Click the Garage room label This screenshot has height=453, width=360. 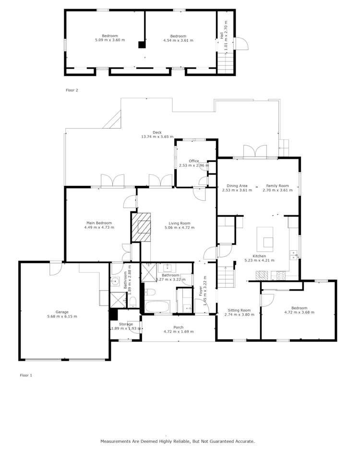pyautogui.click(x=62, y=312)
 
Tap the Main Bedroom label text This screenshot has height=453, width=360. pyautogui.click(x=99, y=223)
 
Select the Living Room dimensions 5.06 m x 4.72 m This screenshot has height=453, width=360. pyautogui.click(x=179, y=228)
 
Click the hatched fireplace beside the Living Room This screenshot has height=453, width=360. pyautogui.click(x=141, y=227)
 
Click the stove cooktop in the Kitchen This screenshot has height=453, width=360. pyautogui.click(x=280, y=276)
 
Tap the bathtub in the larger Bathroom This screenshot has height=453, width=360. pyautogui.click(x=156, y=306)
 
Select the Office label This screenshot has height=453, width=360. pyautogui.click(x=193, y=161)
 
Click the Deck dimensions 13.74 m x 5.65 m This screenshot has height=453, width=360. pyautogui.click(x=157, y=137)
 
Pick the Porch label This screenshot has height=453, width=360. pyautogui.click(x=179, y=327)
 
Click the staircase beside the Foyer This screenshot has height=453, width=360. pyautogui.click(x=226, y=278)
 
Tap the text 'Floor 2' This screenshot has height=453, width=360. pyautogui.click(x=72, y=90)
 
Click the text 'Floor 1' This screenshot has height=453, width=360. pyautogui.click(x=26, y=375)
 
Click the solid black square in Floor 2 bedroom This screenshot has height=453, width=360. pyautogui.click(x=142, y=45)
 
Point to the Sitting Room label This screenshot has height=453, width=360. pyautogui.click(x=239, y=310)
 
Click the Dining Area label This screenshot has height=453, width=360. pyautogui.click(x=237, y=185)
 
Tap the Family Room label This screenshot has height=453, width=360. pyautogui.click(x=277, y=185)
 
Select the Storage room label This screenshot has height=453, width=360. pyautogui.click(x=126, y=324)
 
